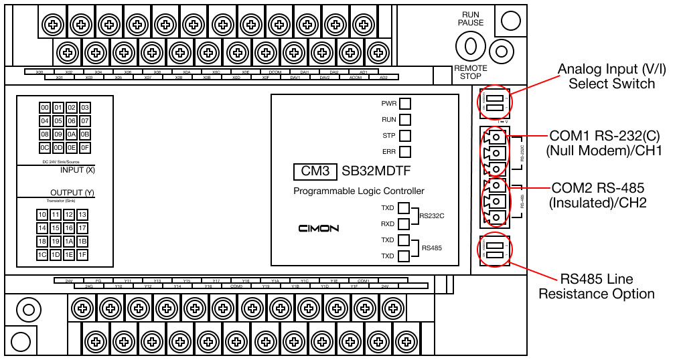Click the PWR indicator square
coord(404,104)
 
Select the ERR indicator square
coord(404,152)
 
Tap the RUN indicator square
coord(404,120)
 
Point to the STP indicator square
coord(404,136)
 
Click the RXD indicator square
coord(404,224)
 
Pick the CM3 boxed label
coord(315,171)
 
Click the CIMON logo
coord(319,228)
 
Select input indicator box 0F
coord(84,147)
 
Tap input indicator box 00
coord(45,108)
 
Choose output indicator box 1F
coord(82,254)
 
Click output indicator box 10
coord(42,215)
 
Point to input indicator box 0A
coord(72,134)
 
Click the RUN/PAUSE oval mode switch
coord(470,46)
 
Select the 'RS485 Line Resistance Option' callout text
coord(597,286)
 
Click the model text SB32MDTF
coord(380,171)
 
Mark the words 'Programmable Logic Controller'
coord(359,191)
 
